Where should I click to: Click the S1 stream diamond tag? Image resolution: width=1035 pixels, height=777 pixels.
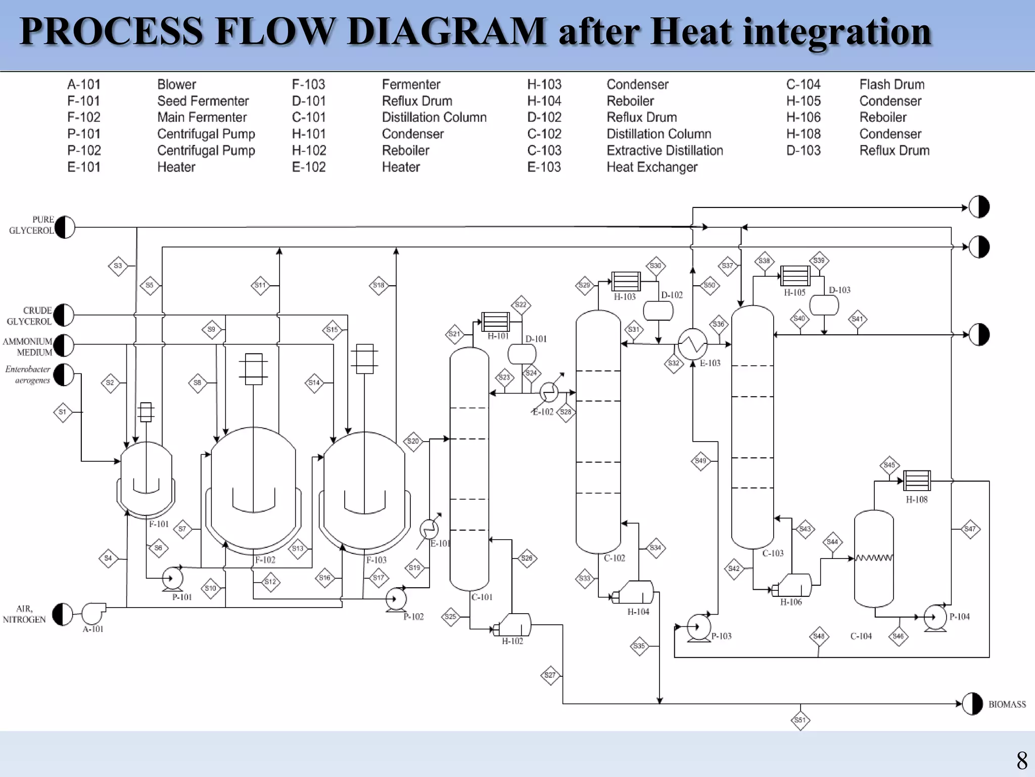tap(63, 412)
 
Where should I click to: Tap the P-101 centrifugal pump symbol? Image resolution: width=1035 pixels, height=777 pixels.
tap(172, 579)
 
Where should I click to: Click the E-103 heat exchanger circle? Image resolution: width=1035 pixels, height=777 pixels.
tap(692, 344)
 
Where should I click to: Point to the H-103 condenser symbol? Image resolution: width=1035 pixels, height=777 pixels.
tap(626, 281)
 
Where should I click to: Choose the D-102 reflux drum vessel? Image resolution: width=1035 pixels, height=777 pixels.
tap(658, 311)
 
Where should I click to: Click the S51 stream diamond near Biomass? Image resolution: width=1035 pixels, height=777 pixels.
tap(800, 720)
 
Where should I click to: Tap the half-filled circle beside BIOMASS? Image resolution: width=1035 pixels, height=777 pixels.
tap(972, 704)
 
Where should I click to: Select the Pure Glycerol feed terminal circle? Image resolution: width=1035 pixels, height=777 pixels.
tap(65, 227)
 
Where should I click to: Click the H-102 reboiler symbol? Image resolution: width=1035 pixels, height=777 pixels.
tap(513, 625)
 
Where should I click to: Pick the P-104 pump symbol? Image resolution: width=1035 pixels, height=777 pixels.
tap(935, 617)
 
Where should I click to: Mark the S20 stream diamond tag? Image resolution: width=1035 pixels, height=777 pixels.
tap(413, 441)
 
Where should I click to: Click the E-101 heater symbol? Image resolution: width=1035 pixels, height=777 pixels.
tap(429, 530)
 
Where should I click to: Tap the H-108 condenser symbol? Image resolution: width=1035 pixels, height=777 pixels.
tap(916, 481)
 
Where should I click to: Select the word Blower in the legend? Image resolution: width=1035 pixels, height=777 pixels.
tap(176, 84)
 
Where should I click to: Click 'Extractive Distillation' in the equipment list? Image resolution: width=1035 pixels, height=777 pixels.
tap(665, 151)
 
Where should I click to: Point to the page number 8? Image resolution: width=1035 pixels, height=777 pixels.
tap(1021, 761)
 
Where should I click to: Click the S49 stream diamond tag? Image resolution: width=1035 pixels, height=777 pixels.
tap(700, 461)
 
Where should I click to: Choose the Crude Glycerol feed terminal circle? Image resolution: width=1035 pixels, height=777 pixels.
tap(64, 315)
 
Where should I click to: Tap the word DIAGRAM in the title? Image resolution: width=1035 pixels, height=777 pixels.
tap(446, 31)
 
